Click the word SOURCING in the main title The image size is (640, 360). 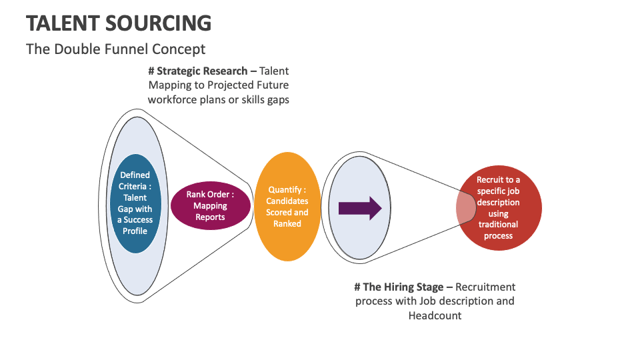click(158, 23)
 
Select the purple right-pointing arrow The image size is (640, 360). click(360, 208)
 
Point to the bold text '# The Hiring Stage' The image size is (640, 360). click(403, 287)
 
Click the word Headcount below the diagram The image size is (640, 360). click(435, 315)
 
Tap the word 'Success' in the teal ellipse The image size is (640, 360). click(138, 220)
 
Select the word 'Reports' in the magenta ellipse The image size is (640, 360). click(210, 217)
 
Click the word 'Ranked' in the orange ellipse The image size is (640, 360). click(287, 224)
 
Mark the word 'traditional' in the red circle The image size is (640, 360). click(498, 225)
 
